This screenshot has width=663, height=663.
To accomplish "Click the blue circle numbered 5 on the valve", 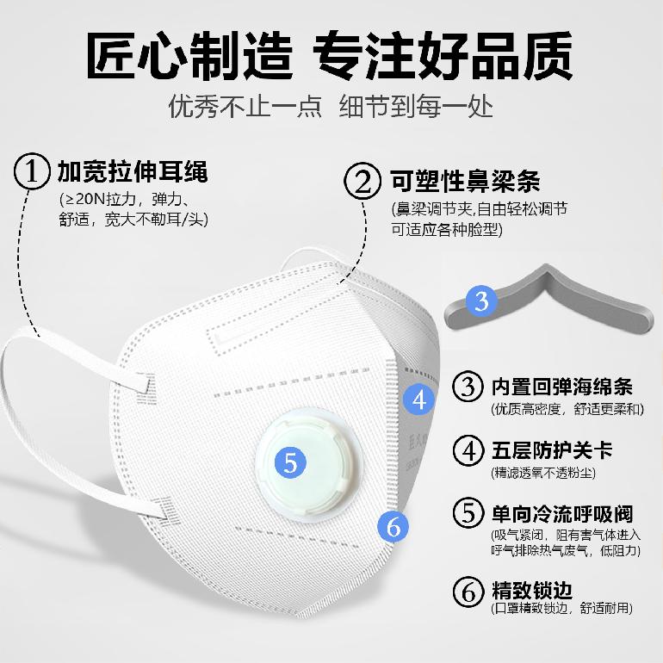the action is click(x=290, y=462).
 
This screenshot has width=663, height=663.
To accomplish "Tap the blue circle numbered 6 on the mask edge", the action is click(x=393, y=527).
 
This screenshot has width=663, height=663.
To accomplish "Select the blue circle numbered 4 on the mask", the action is click(x=419, y=400).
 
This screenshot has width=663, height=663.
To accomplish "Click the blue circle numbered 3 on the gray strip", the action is click(x=481, y=301).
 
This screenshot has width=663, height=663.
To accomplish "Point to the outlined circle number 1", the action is click(x=31, y=171).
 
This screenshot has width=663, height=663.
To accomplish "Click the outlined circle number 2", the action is click(x=362, y=182).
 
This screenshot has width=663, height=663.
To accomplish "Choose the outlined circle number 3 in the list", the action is click(x=468, y=386).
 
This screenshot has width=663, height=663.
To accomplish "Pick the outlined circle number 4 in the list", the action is click(x=468, y=450).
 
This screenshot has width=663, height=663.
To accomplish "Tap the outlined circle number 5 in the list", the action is click(x=468, y=513).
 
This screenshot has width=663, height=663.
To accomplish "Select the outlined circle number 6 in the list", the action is click(x=468, y=592).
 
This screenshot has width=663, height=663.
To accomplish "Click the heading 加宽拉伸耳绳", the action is click(x=133, y=171).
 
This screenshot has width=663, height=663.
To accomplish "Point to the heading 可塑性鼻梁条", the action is click(x=465, y=182).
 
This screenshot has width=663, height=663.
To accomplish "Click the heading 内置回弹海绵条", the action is click(x=561, y=387).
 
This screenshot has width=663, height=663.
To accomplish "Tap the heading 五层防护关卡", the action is click(x=551, y=449).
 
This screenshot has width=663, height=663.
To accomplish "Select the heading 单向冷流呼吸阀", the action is click(x=562, y=514).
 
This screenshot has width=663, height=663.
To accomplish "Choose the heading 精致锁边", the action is click(x=531, y=590).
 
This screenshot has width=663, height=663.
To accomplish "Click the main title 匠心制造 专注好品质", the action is click(x=330, y=55).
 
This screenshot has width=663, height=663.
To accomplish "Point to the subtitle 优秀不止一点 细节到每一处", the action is click(x=331, y=106).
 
